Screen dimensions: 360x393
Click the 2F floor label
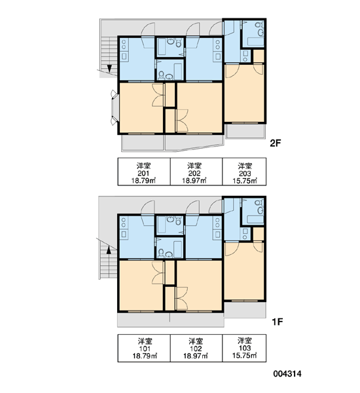tap(276, 143)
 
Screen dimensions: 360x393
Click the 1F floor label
tap(278, 322)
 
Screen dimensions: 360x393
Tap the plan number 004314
tap(287, 374)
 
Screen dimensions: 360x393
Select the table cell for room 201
tap(144, 172)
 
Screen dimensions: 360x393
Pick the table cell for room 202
tap(196, 172)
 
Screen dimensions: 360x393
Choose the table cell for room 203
tap(244, 172)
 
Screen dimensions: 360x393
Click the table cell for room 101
tap(144, 348)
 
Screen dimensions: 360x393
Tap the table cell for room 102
tap(196, 348)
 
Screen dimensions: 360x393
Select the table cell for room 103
tap(244, 348)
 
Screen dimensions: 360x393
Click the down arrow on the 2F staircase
tap(109, 68)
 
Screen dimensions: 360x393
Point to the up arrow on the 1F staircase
tap(109, 250)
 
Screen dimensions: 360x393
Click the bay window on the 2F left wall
tap(115, 108)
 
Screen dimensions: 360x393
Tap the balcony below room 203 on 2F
tap(245, 131)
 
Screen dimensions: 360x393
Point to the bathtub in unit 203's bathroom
tap(255, 41)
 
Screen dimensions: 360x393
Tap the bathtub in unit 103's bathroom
tap(255, 219)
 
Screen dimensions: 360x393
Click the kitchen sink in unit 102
tap(218, 234)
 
